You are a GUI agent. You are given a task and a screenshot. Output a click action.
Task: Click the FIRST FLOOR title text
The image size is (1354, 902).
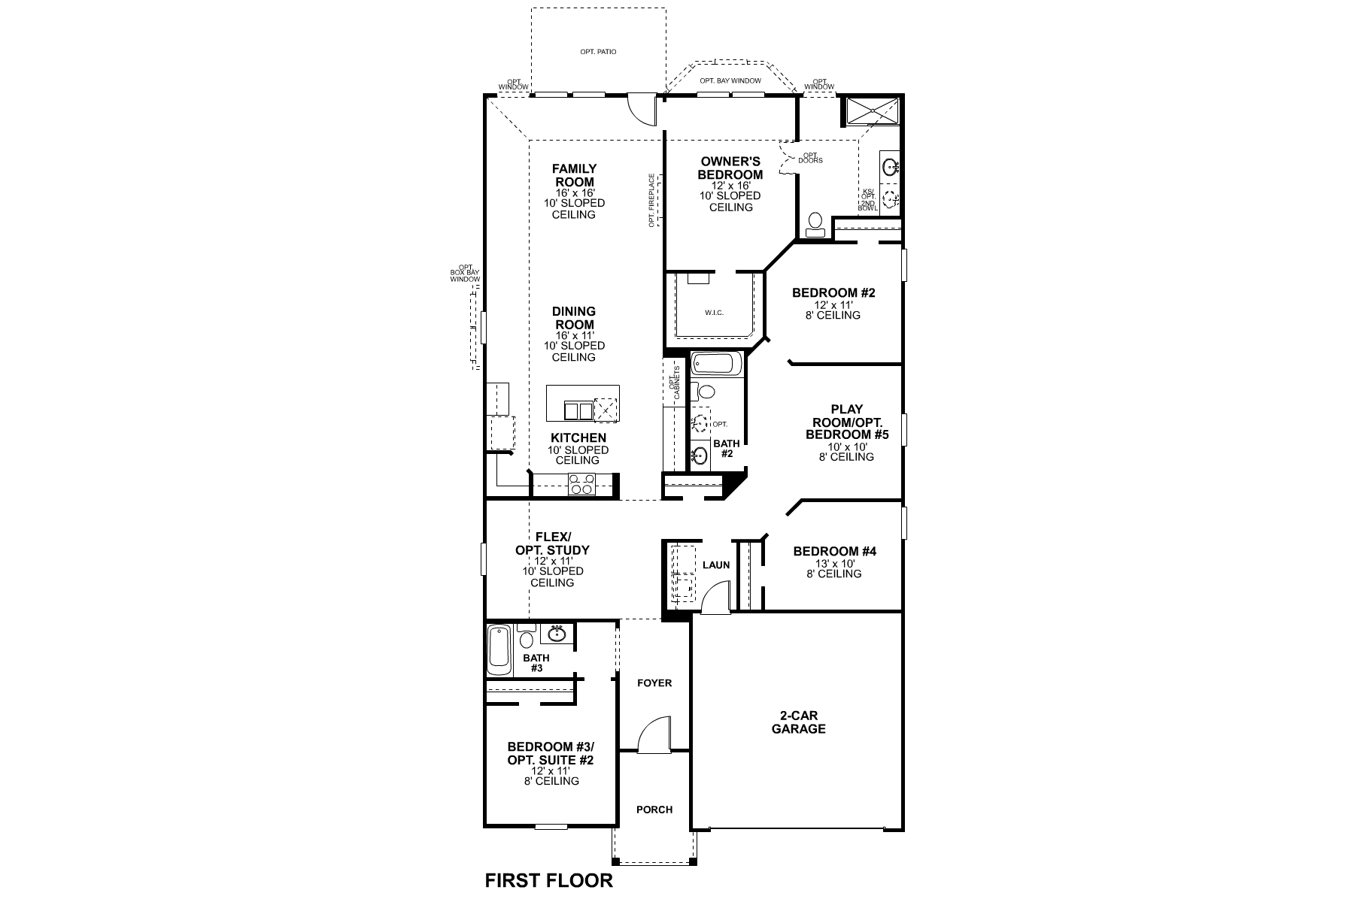(x=548, y=879)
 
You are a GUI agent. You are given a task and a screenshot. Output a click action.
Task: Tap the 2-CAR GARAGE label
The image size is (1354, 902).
(x=798, y=722)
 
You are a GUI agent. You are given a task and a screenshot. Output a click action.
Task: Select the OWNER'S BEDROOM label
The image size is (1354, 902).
(x=730, y=168)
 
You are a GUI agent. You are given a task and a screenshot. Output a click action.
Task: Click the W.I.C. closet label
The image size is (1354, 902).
(x=714, y=312)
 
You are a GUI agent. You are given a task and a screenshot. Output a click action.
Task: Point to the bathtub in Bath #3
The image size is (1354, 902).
(x=499, y=650)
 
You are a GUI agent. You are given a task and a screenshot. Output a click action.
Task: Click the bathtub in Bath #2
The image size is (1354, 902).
(x=716, y=365)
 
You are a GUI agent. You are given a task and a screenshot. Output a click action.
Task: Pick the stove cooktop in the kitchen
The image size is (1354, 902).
(x=581, y=484)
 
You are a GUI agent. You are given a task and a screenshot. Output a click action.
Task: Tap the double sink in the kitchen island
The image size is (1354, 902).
(x=577, y=410)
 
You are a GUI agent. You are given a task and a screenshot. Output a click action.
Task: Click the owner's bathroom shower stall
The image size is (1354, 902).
(x=872, y=111)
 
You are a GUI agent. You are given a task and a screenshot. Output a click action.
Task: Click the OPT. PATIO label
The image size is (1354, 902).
(x=598, y=52)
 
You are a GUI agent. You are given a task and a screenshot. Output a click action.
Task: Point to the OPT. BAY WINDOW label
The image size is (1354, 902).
(x=730, y=80)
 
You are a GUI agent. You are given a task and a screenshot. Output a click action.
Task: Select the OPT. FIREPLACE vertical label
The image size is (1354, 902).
(x=652, y=200)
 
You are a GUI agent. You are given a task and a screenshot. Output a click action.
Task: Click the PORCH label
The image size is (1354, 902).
(x=654, y=810)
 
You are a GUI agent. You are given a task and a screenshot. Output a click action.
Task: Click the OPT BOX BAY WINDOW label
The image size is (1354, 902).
(x=465, y=274)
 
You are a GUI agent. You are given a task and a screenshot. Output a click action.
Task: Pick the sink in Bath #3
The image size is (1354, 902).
(x=557, y=634)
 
